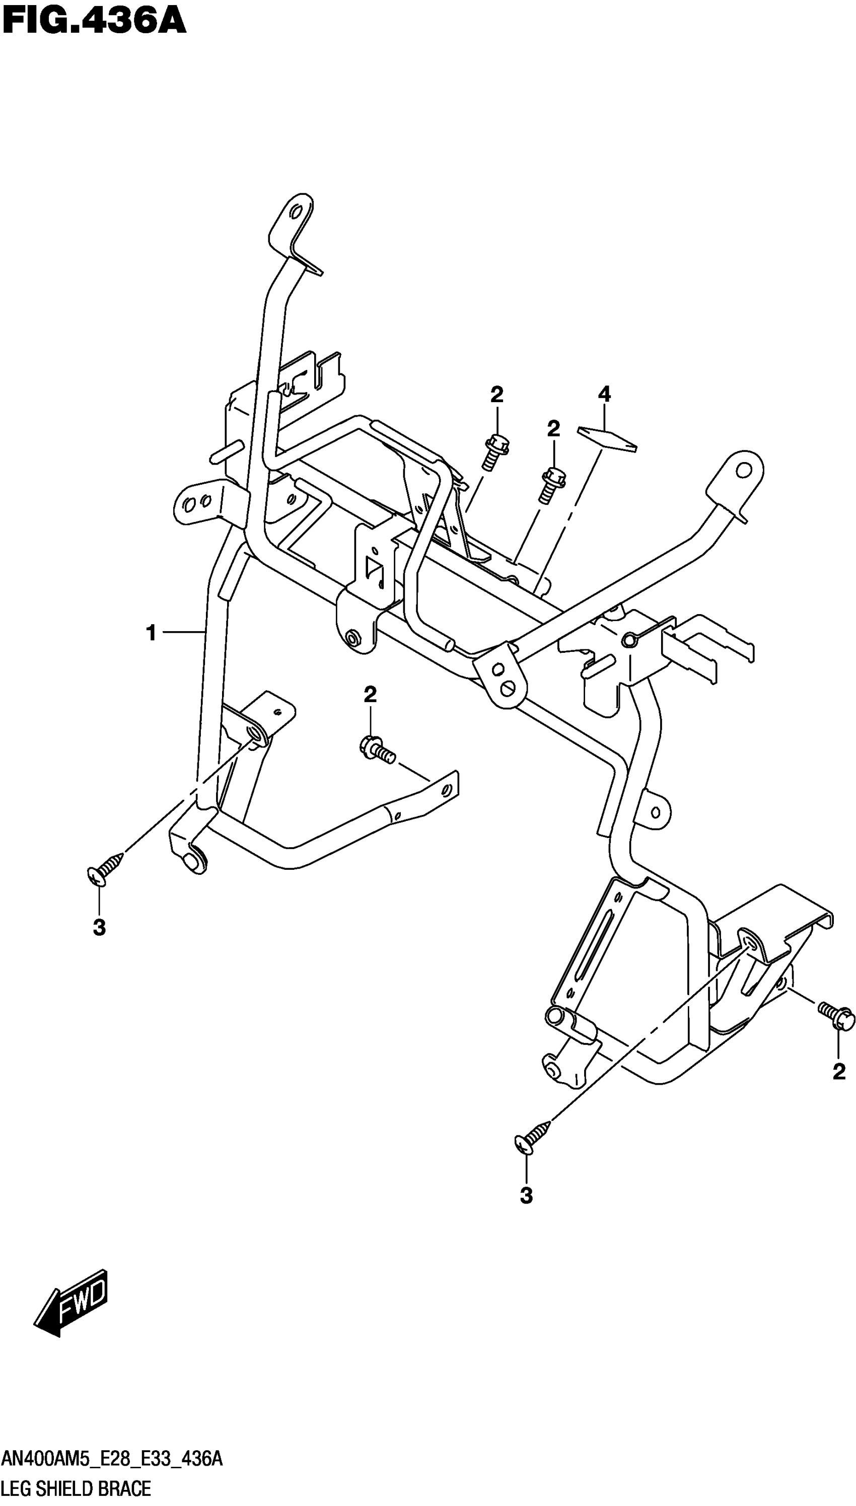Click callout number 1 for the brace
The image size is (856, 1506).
151,633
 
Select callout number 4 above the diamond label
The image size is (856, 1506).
604,394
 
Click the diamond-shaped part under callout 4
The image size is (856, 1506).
607,439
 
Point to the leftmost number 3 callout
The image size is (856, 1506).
99,927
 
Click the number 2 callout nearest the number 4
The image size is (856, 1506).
553,429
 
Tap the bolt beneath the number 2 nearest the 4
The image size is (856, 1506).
551,484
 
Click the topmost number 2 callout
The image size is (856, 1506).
497,395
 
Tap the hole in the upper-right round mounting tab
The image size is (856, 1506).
744,470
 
